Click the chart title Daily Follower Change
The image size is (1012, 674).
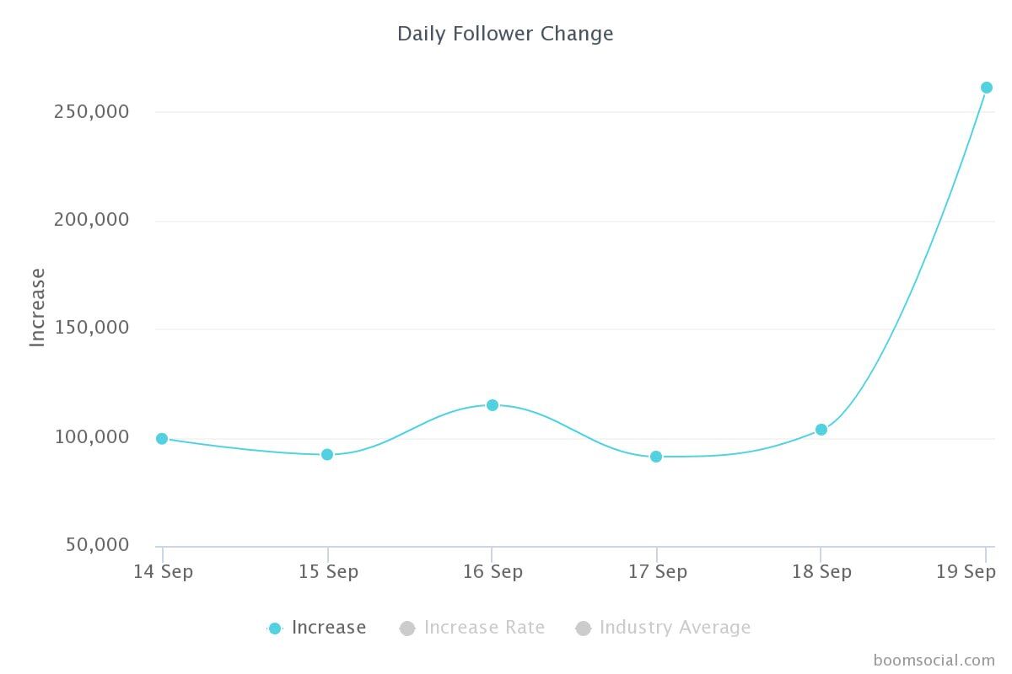[505, 34]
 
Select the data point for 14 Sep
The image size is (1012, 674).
[162, 438]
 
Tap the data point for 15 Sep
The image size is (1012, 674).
[327, 454]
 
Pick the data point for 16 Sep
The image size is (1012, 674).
[493, 405]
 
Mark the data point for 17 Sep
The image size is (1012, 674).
[656, 457]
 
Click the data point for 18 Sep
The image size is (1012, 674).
[821, 430]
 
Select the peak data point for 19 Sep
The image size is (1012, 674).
[987, 88]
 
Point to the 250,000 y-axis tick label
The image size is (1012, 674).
[91, 111]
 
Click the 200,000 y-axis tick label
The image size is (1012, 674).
[91, 220]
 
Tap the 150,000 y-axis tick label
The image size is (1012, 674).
[91, 328]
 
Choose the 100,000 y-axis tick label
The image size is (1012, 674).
[91, 436]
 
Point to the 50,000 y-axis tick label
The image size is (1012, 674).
[97, 545]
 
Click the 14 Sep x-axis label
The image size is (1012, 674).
[163, 571]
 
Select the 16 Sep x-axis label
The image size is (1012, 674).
[493, 571]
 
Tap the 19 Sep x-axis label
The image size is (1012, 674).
[966, 571]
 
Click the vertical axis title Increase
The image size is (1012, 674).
[37, 307]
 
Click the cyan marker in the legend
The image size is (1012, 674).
[274, 628]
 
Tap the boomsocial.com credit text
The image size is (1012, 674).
[934, 660]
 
